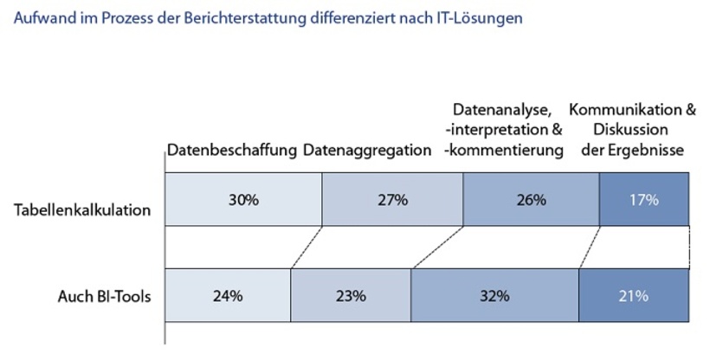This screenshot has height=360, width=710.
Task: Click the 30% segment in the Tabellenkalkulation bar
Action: pos(243,200)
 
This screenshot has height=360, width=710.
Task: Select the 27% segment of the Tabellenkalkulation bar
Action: pos(392,200)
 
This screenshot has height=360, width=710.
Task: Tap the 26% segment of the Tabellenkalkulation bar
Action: pos(531,200)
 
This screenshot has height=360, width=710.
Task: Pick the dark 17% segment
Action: pos(644,200)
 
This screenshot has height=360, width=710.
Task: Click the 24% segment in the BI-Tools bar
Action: pos(227,295)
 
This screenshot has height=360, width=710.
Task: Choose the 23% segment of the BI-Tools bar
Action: pos(351,295)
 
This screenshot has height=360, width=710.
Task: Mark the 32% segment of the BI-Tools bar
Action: pos(494,295)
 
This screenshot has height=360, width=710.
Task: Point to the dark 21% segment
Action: pos(633,295)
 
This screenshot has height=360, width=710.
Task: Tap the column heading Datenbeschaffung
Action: pos(231,150)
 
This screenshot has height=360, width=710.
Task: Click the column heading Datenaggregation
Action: pos(367,150)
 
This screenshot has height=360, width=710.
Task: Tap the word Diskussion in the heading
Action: pos(636,130)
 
